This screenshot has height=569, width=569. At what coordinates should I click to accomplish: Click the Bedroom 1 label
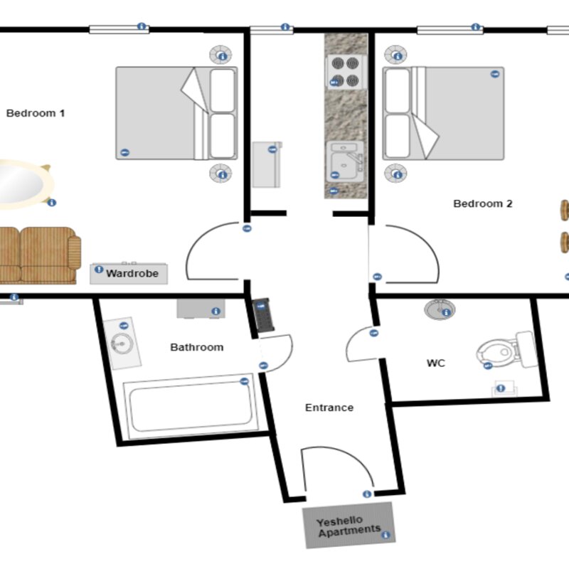(x=36, y=113)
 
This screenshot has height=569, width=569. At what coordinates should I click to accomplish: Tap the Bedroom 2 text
(x=483, y=203)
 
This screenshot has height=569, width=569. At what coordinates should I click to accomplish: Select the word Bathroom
(x=197, y=347)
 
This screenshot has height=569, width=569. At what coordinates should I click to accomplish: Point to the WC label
(x=436, y=363)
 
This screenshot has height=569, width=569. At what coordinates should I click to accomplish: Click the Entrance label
(x=329, y=408)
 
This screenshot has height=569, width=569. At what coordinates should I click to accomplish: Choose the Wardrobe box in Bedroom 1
(x=129, y=273)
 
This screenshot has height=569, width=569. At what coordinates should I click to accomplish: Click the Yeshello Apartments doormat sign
(x=349, y=525)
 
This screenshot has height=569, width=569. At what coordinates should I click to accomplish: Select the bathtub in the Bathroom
(x=191, y=406)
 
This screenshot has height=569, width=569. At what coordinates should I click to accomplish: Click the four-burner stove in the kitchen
(x=345, y=72)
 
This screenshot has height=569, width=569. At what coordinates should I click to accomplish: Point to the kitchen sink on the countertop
(x=345, y=161)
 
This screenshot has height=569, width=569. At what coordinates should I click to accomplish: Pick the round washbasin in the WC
(x=440, y=309)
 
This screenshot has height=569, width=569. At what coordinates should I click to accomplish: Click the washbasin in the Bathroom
(x=122, y=344)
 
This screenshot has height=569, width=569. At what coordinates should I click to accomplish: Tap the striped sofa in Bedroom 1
(x=38, y=255)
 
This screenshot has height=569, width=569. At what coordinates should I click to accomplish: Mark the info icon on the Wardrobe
(x=99, y=270)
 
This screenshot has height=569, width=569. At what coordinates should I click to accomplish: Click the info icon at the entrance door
(x=367, y=494)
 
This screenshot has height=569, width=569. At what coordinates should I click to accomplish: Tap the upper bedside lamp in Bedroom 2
(x=395, y=55)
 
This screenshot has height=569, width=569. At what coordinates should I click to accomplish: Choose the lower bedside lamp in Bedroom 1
(x=220, y=173)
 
